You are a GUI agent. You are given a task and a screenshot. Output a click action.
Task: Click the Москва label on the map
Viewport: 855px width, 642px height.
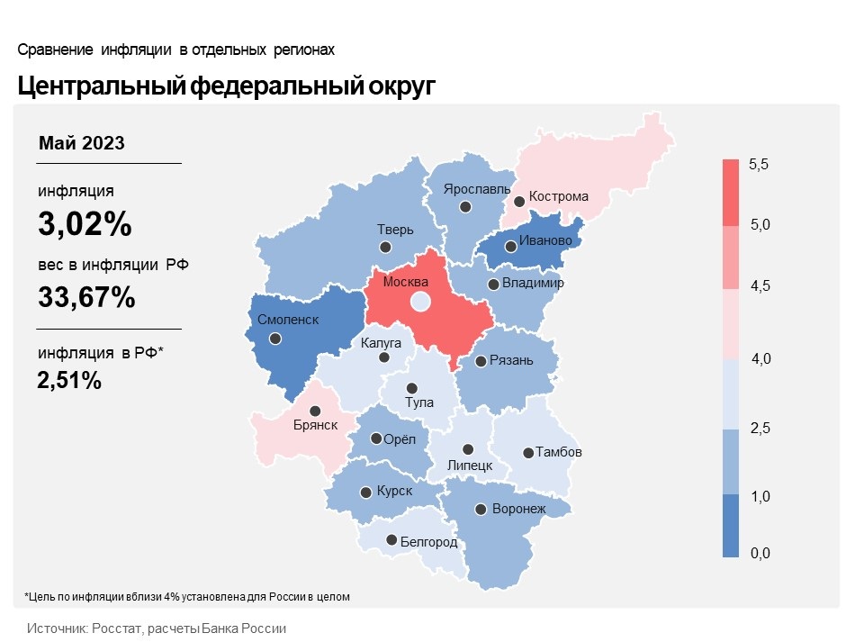pos(406,283)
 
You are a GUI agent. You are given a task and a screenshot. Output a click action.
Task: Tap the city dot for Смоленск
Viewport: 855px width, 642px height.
pos(275,339)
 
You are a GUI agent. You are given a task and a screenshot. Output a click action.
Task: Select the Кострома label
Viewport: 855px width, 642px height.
pos(559,196)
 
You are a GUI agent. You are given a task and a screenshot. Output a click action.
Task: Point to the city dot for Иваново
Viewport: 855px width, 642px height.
pos(510,246)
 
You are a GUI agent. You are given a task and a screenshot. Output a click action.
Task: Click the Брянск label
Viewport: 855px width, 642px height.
pos(316,425)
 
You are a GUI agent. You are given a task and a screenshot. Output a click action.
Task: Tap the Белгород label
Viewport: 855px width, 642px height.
pos(428,542)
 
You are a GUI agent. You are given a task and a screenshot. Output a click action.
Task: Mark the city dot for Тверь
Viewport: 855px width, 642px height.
pos(385,247)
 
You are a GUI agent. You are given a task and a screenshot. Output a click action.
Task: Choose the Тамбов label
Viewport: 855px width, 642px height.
pos(559,452)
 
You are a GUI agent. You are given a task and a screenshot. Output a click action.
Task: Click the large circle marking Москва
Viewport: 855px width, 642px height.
pos(419,303)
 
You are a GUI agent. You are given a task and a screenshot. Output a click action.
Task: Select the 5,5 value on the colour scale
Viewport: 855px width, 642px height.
pos(759,165)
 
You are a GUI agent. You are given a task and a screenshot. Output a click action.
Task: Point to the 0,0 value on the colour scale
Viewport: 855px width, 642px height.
pos(759,553)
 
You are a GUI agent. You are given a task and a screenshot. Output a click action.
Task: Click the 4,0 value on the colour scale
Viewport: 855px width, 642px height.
pos(759,360)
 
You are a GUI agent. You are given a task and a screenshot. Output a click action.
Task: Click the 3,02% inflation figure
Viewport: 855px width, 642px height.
pos(85,225)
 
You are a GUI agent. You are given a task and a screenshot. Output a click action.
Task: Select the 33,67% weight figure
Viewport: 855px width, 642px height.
pos(86,296)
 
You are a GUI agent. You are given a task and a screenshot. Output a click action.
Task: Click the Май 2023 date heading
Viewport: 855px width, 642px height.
pos(82,143)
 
